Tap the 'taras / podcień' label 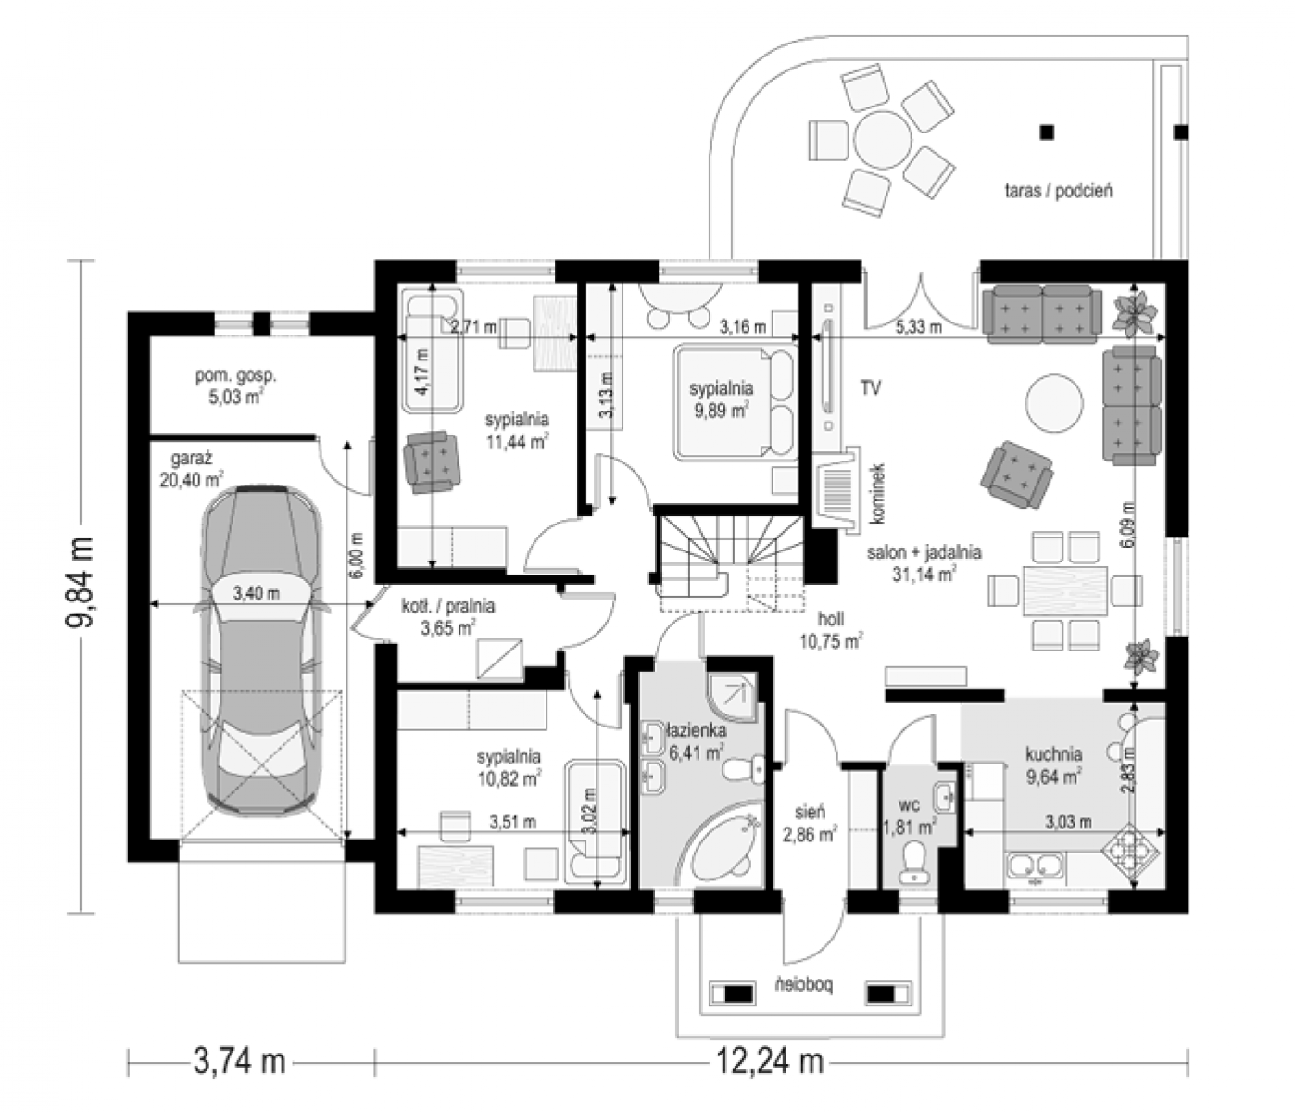[x=1058, y=191]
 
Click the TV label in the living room [x=870, y=388]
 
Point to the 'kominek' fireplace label [x=878, y=493]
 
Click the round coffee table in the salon [x=1054, y=403]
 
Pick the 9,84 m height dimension [x=80, y=581]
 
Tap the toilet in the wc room [x=914, y=863]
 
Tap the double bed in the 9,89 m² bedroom [x=735, y=401]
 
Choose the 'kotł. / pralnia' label [x=448, y=606]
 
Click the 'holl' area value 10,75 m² [x=831, y=641]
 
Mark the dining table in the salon [x=1065, y=590]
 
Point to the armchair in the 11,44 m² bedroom [x=431, y=462]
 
